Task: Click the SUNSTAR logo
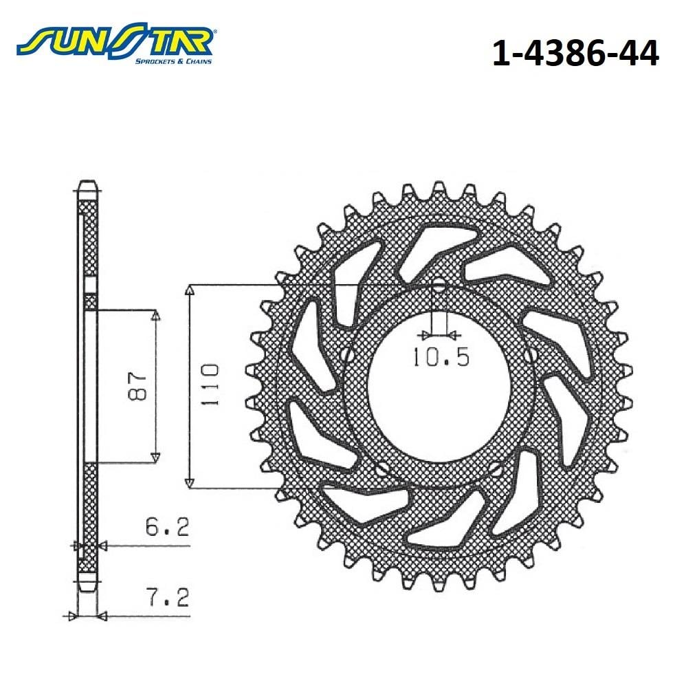[115, 43]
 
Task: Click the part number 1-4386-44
[575, 54]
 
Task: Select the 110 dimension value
[210, 385]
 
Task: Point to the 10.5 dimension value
[441, 356]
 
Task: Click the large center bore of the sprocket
[439, 389]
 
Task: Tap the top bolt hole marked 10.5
[439, 288]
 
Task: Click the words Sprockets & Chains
[173, 61]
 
